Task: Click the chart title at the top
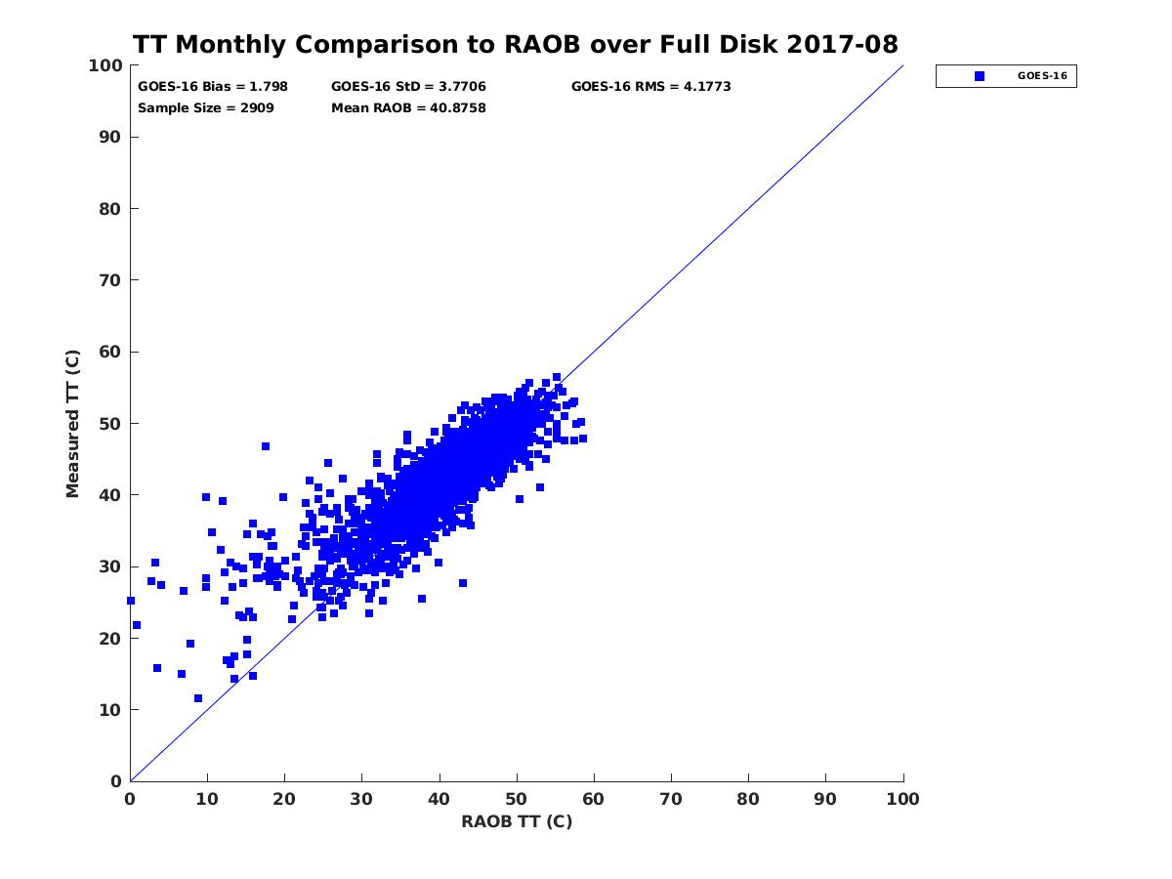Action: pyautogui.click(x=515, y=45)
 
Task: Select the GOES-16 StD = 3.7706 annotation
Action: pyautogui.click(x=408, y=86)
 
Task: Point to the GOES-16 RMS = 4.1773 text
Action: pyautogui.click(x=650, y=86)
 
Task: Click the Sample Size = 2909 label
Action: pyautogui.click(x=206, y=107)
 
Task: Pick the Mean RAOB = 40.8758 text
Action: pyautogui.click(x=408, y=107)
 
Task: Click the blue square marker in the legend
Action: pyautogui.click(x=980, y=75)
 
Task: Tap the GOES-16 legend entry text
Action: pyautogui.click(x=1042, y=75)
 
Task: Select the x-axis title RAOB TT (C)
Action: pyautogui.click(x=517, y=821)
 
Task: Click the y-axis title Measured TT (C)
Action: pyautogui.click(x=73, y=424)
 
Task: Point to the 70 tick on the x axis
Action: pyautogui.click(x=671, y=799)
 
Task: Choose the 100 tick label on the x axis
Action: pyautogui.click(x=903, y=799)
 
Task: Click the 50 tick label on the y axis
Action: pyautogui.click(x=109, y=423)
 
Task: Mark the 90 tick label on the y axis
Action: pyautogui.click(x=109, y=137)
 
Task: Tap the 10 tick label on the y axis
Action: pyautogui.click(x=109, y=709)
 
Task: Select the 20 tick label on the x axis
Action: pyautogui.click(x=284, y=799)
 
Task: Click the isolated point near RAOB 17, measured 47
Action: pyautogui.click(x=266, y=446)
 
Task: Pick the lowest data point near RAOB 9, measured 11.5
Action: pyautogui.click(x=198, y=698)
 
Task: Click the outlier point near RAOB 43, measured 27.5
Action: pyautogui.click(x=463, y=583)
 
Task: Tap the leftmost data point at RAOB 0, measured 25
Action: pyautogui.click(x=131, y=601)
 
